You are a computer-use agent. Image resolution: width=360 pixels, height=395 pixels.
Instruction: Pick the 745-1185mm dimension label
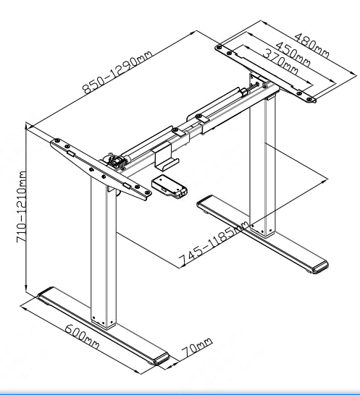[214, 246]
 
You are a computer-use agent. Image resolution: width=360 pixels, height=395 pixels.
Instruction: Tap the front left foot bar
[101, 327]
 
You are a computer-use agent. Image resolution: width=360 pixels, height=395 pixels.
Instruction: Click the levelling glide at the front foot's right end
[161, 357]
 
